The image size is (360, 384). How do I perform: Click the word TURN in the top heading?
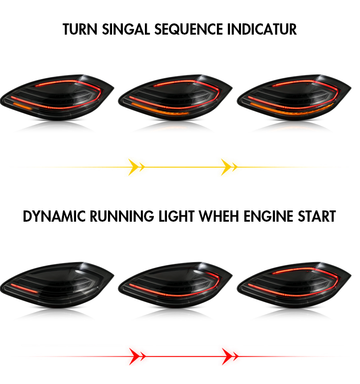tap(80, 29)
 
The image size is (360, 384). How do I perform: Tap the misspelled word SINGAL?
tap(126, 29)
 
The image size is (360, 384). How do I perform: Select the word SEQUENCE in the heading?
tap(189, 30)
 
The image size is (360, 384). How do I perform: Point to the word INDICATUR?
tap(262, 29)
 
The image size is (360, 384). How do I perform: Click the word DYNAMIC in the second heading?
tap(54, 216)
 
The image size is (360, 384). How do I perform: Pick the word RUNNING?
tap(122, 216)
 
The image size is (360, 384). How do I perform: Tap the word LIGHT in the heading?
tap(176, 216)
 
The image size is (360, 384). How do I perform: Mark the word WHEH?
tap(219, 216)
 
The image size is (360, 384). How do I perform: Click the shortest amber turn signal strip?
tap(22, 107)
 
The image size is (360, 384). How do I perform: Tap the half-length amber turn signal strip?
tap(161, 109)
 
